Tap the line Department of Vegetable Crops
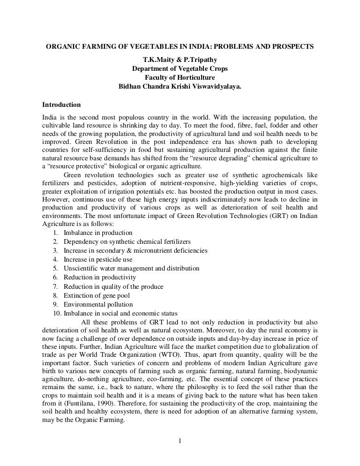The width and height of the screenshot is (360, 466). (x=180, y=69)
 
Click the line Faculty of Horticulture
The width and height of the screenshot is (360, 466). (x=180, y=78)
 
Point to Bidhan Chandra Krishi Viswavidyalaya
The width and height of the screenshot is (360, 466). (x=180, y=87)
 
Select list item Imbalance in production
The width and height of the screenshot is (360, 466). (x=98, y=233)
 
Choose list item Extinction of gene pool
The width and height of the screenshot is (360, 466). (x=97, y=296)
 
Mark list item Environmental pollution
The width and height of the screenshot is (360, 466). (x=98, y=305)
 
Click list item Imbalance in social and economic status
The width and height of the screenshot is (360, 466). (x=120, y=314)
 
